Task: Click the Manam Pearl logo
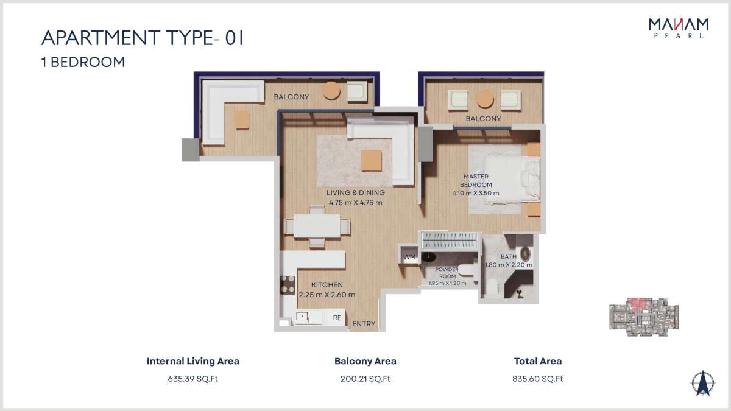679,29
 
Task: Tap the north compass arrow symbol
703,383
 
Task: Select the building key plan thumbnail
644,317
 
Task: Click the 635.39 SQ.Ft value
193,379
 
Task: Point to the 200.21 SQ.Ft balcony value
365,379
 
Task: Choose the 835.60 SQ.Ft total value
538,379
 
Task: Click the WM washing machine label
409,257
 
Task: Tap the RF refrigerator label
337,318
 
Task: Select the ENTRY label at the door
364,324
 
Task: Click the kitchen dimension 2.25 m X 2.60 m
327,295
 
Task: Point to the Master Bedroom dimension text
476,193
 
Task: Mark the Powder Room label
447,273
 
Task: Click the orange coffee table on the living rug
372,161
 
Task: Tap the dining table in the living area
317,226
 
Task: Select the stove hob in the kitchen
288,285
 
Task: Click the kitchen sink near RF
302,317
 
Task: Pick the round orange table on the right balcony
485,99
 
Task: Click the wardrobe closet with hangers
450,240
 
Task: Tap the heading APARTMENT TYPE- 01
143,38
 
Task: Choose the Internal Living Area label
193,361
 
